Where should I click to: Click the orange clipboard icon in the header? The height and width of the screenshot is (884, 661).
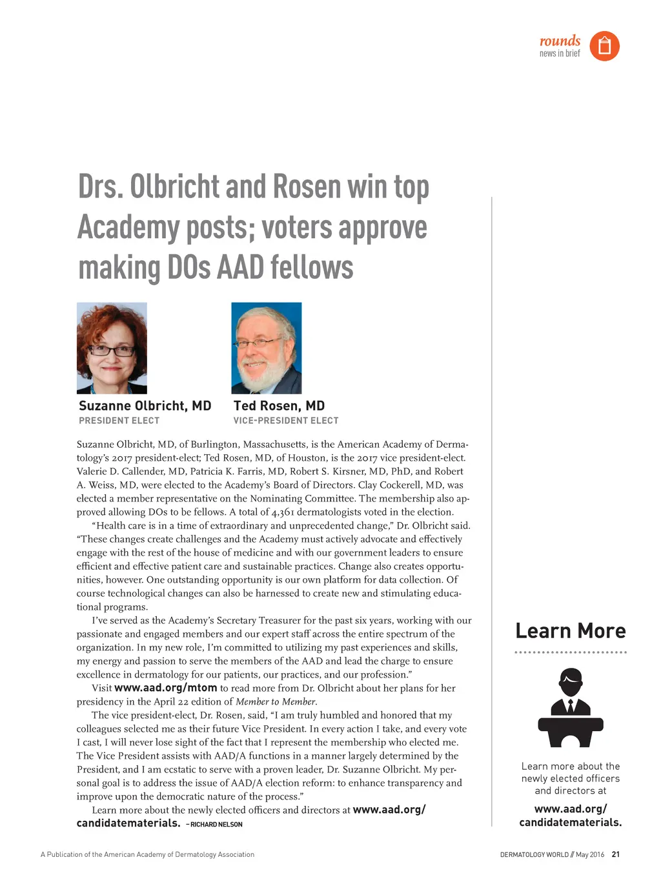pos(604,46)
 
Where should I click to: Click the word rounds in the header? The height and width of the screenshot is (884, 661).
pos(560,41)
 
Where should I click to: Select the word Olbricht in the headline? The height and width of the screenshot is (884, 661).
pos(174,186)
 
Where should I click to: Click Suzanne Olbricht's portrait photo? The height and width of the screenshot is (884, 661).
pos(112,348)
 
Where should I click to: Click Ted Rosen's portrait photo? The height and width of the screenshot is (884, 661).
pos(266,348)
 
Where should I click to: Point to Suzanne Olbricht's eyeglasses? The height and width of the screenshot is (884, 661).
pos(112,351)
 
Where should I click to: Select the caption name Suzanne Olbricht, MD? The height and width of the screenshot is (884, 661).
pos(145,406)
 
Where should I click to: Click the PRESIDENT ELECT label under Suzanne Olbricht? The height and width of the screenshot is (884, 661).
pos(119,421)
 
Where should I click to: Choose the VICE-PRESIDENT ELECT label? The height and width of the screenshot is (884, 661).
pos(285,421)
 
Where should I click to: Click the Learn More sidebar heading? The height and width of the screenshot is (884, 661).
pos(570,630)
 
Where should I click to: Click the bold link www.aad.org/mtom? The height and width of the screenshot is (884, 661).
pos(165,688)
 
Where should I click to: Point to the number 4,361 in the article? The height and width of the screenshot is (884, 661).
pos(283,512)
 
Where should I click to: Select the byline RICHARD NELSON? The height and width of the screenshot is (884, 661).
pos(216,825)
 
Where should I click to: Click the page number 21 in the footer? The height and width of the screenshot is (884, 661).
pos(615,854)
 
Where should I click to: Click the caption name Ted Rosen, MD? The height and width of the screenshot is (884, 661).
pos(279,406)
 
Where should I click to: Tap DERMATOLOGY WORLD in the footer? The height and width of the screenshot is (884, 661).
pos(534,854)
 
